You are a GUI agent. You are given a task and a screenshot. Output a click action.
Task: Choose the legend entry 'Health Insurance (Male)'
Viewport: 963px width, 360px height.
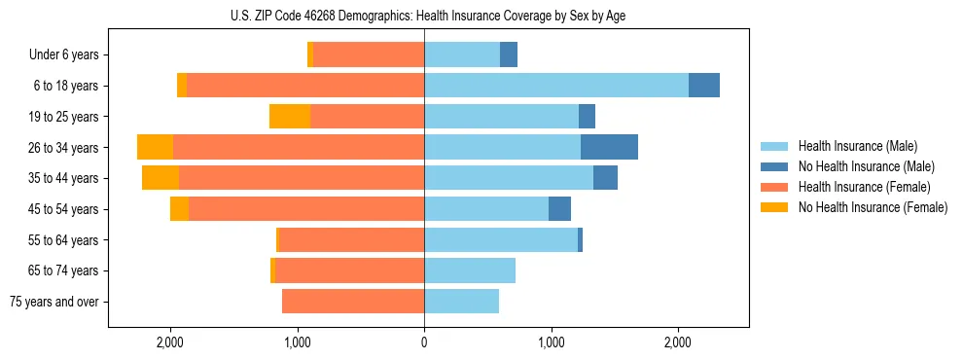[858, 146]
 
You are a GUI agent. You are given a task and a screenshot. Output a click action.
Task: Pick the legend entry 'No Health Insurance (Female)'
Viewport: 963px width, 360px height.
[873, 207]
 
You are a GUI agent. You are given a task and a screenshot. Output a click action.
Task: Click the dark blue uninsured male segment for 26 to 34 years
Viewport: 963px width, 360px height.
[609, 147]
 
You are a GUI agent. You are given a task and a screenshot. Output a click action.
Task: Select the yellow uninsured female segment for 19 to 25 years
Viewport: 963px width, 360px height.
[290, 117]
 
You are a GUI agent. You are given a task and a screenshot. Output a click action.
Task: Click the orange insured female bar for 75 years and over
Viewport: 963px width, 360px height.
[353, 302]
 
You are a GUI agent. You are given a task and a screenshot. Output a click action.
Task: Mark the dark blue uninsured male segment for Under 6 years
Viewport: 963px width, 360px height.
[509, 54]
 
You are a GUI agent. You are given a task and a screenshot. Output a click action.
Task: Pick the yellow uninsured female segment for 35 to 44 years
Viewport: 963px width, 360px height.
[160, 178]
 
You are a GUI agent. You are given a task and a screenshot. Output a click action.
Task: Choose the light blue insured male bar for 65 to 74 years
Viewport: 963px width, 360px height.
[470, 270]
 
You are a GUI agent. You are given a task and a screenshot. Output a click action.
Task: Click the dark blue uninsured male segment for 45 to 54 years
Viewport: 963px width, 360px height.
[559, 209]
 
